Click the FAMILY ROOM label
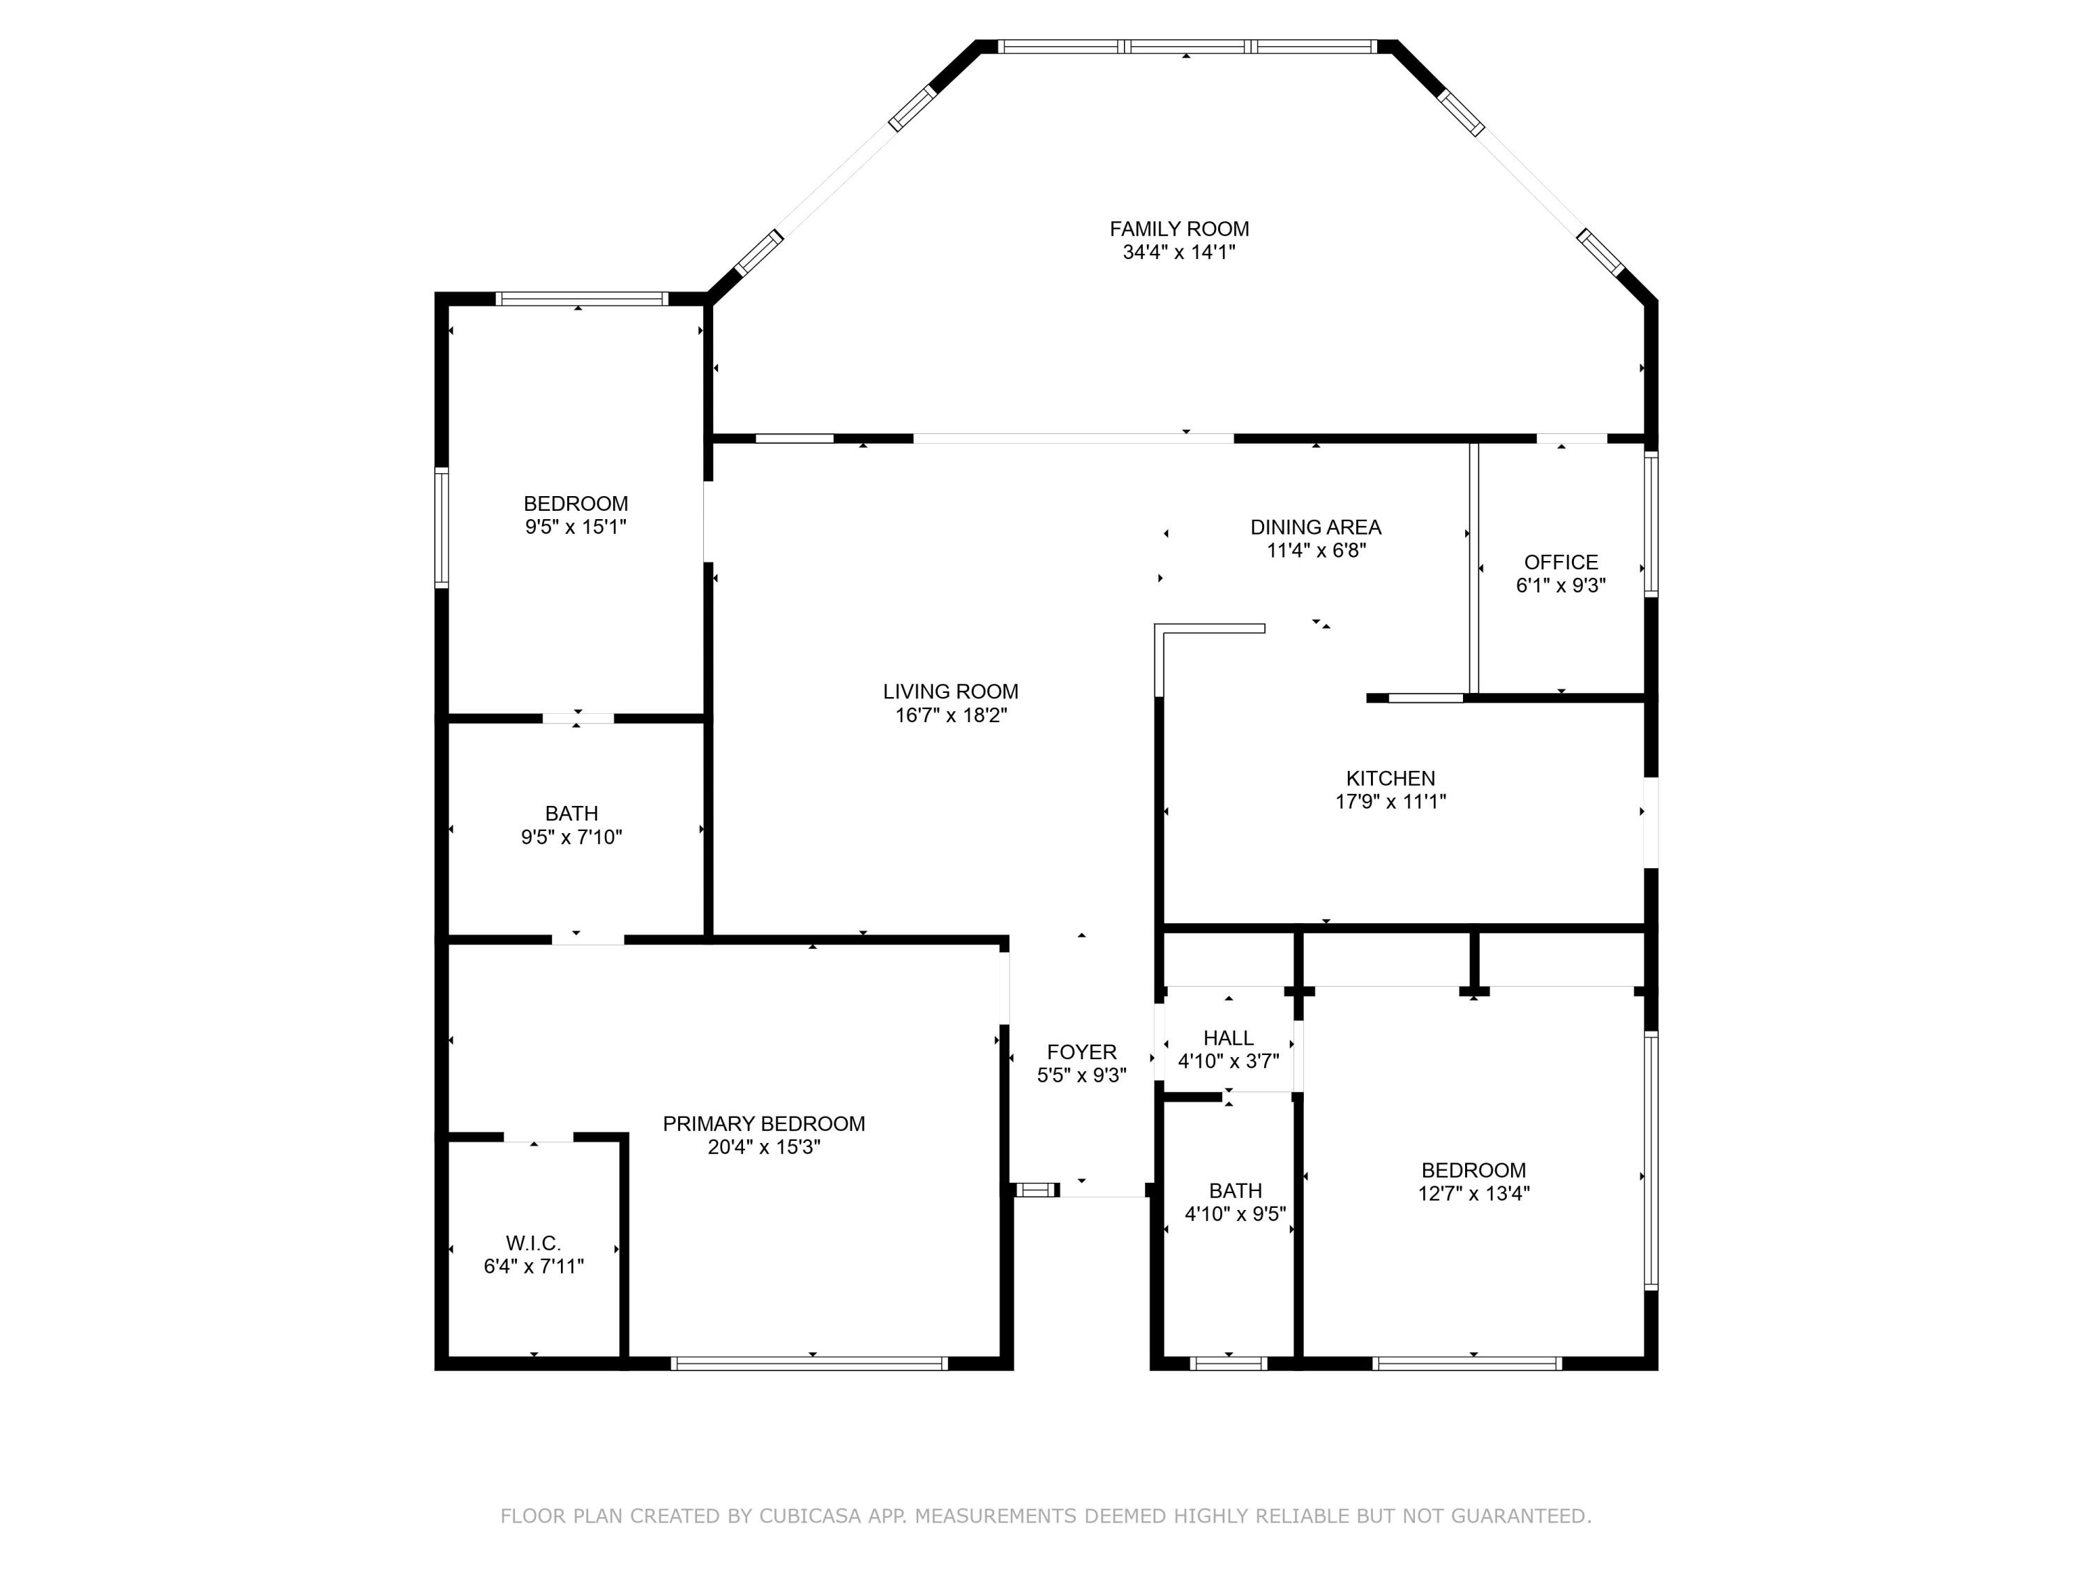pos(1179,229)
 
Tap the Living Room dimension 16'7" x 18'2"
pos(951,715)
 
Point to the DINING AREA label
pos(1315,527)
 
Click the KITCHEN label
pos(1390,778)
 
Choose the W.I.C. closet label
pos(533,1243)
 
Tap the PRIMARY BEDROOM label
pos(763,1123)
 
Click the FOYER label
pos(1081,1052)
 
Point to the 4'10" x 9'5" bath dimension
pos(1235,1213)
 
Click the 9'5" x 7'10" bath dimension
pos(571,837)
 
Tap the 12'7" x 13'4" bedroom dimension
pos(1473,1193)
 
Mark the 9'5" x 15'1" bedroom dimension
pos(576,527)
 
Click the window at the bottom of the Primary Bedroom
pos(809,1363)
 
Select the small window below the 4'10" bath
pos(1228,1363)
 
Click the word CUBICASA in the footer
pos(810,1516)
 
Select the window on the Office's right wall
pos(1651,523)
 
